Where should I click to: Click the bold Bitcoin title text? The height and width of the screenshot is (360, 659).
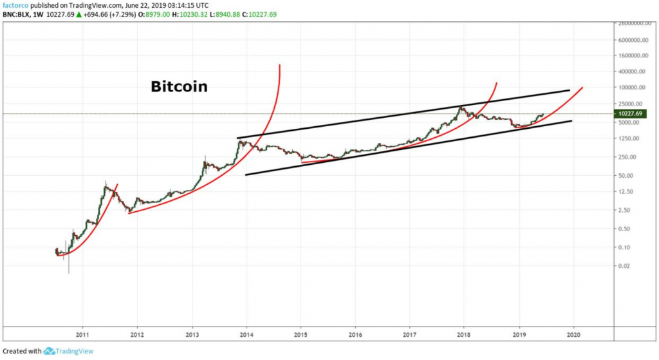point(179,86)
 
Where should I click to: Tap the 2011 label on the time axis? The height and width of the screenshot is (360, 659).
point(82,334)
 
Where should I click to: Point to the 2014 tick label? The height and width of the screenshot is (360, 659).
point(246,334)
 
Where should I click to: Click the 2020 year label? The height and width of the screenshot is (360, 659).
point(573,334)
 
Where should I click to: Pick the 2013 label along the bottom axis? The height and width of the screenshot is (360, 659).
point(192,334)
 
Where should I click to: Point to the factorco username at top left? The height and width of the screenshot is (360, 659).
point(15,4)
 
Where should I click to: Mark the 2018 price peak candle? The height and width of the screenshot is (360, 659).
point(460,107)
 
